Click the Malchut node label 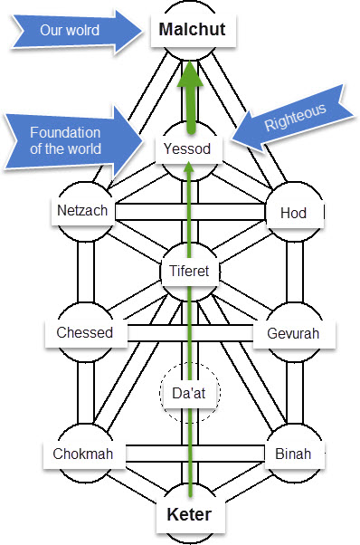[191, 29]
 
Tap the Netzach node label [82, 211]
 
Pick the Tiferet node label [190, 270]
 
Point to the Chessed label [84, 332]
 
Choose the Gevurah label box [293, 332]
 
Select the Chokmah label [82, 454]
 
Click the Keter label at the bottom [191, 517]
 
